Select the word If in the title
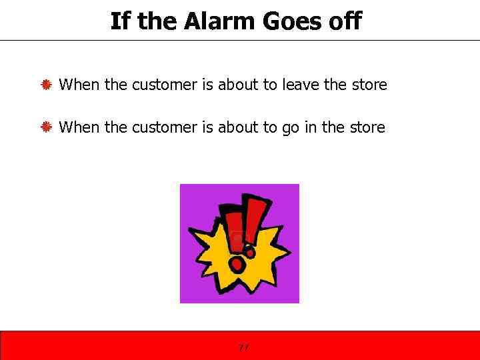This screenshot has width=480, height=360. [119, 21]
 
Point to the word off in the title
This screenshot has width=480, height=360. [344, 21]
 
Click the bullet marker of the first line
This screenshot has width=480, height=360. [47, 85]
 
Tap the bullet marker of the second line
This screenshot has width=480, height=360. [47, 127]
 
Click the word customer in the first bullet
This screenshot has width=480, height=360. [165, 85]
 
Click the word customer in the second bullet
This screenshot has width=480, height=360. [165, 127]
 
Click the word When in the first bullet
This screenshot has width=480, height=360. [79, 85]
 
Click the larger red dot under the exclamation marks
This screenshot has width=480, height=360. [237, 265]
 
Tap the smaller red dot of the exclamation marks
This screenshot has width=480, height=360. [250, 252]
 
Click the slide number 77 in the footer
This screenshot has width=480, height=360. [243, 347]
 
